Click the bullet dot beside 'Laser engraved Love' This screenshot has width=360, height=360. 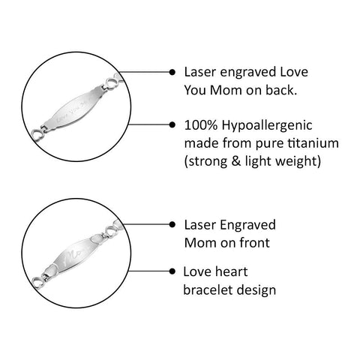172,72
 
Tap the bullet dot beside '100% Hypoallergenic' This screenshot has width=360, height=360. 172,124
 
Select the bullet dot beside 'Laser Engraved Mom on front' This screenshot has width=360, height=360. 172,224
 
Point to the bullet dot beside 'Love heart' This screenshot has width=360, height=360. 172,271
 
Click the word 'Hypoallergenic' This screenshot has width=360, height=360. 267,126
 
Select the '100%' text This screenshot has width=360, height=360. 201,125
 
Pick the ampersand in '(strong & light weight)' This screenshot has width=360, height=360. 235,161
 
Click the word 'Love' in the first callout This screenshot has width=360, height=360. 294,72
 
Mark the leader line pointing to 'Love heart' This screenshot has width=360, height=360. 149,271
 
